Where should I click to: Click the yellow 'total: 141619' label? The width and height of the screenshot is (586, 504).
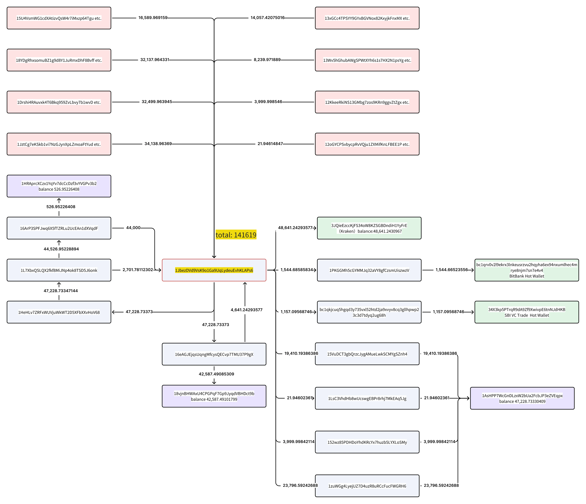click(x=236, y=235)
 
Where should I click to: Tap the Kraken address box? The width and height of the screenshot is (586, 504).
click(x=369, y=228)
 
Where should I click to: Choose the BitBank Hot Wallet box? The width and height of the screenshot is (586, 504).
click(x=527, y=270)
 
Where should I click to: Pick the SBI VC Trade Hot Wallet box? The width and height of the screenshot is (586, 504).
click(x=527, y=312)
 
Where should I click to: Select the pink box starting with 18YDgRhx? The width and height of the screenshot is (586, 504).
click(x=59, y=60)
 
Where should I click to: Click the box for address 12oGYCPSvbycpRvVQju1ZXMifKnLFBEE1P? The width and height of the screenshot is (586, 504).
click(x=367, y=144)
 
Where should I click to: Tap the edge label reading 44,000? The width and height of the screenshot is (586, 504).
click(x=133, y=228)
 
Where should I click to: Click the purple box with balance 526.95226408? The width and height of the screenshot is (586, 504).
click(x=59, y=186)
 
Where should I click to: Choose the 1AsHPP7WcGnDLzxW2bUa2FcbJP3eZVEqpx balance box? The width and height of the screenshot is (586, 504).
click(x=522, y=398)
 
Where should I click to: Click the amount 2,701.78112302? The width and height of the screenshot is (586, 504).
click(x=138, y=270)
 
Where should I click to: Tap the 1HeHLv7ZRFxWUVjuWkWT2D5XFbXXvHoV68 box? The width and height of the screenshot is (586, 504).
click(x=59, y=312)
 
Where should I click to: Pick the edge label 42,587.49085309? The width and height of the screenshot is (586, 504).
click(x=216, y=374)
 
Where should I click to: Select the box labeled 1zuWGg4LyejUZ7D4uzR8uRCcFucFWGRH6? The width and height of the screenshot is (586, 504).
click(x=367, y=486)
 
